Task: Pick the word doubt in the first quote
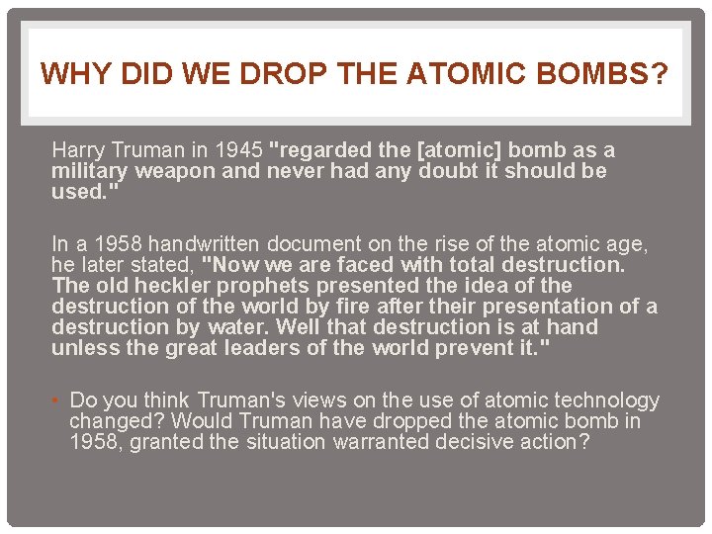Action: [x=451, y=171]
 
